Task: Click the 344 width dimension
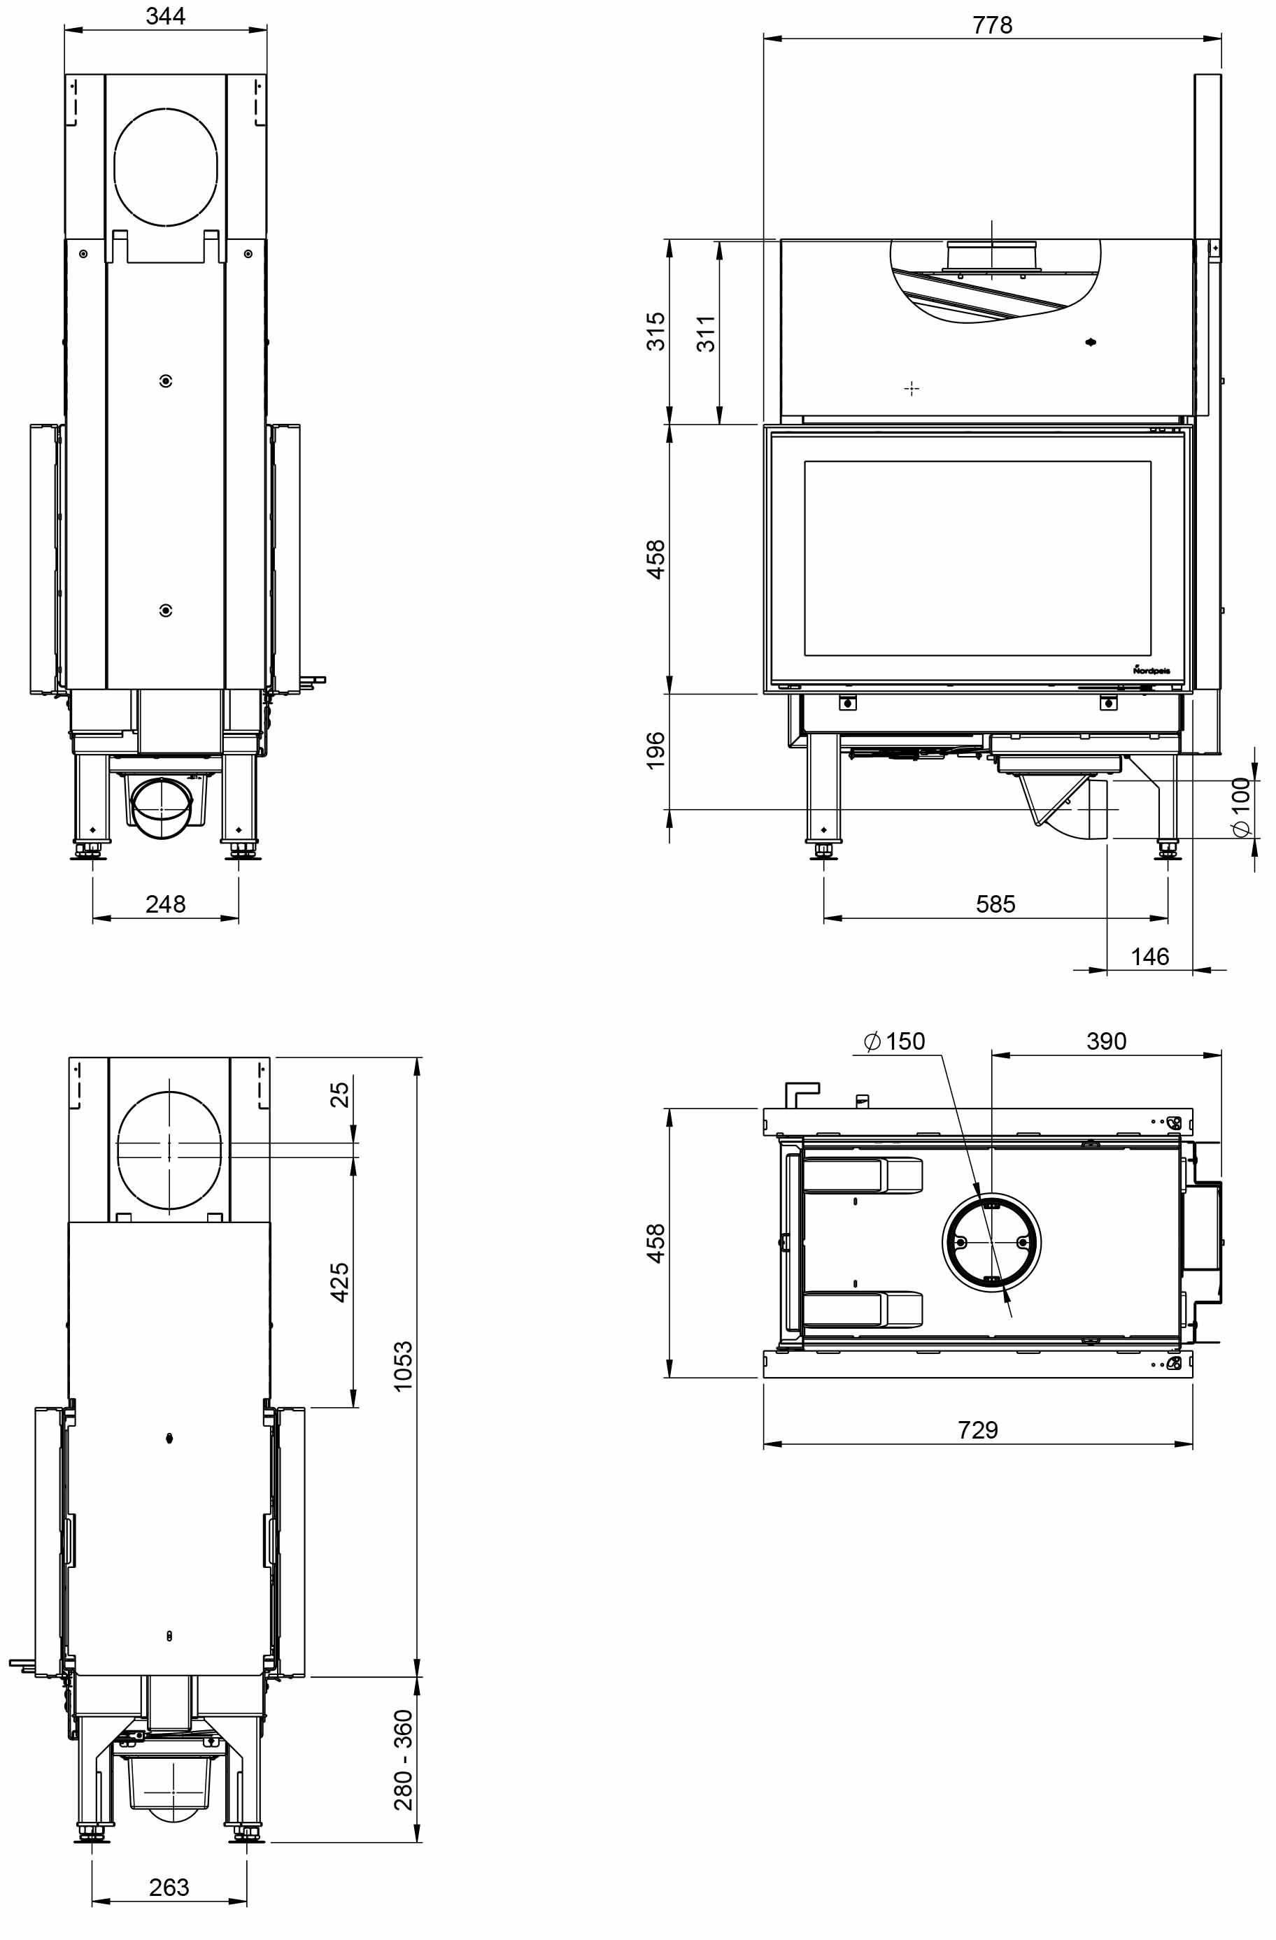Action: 166,15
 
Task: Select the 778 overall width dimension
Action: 992,25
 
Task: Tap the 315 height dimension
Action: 655,331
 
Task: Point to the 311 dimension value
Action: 706,334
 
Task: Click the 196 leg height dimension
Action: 655,750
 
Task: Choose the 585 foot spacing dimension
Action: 995,904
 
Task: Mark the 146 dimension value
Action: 1149,956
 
